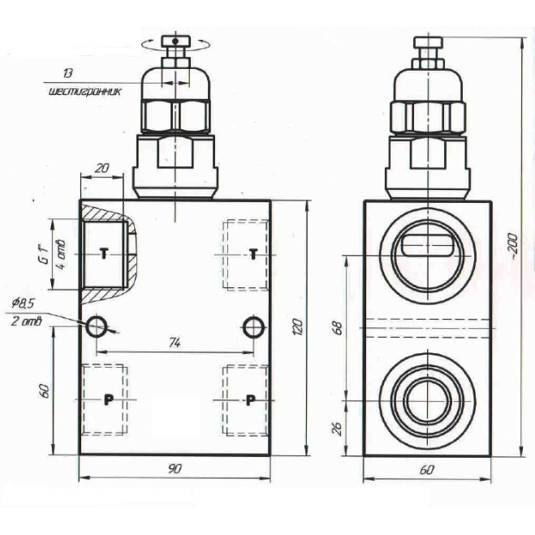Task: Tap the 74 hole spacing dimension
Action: point(174,343)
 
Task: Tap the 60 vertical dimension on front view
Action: point(45,390)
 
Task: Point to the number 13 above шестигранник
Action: point(89,74)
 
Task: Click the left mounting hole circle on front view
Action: point(97,326)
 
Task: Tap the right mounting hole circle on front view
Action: point(253,326)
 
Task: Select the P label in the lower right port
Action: point(251,399)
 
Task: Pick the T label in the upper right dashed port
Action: point(252,255)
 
